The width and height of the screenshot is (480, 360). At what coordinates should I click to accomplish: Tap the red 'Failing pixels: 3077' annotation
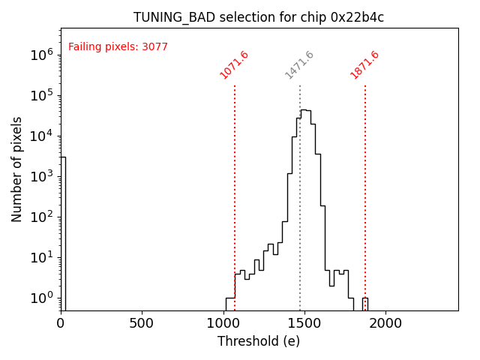coord(118,47)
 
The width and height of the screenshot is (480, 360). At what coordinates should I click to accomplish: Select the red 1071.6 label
coord(234,65)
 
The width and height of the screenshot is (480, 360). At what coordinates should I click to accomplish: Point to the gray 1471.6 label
coord(299,65)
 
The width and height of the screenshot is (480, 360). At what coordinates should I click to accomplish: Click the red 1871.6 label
coord(364,65)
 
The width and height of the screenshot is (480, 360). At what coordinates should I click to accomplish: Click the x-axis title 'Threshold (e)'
coord(259,341)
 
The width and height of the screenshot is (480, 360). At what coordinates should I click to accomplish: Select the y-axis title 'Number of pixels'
coord(17,169)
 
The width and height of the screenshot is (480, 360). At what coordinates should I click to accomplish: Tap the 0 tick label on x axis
coord(61,323)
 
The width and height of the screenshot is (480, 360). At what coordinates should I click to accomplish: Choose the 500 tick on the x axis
coord(142,323)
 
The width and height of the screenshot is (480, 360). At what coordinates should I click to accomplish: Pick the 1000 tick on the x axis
coord(223,323)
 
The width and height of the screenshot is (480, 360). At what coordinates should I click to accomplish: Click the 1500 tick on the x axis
coord(304,323)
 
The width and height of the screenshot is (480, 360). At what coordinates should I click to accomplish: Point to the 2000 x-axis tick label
coord(385,323)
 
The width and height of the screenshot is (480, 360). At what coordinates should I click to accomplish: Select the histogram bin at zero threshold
coord(63,232)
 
